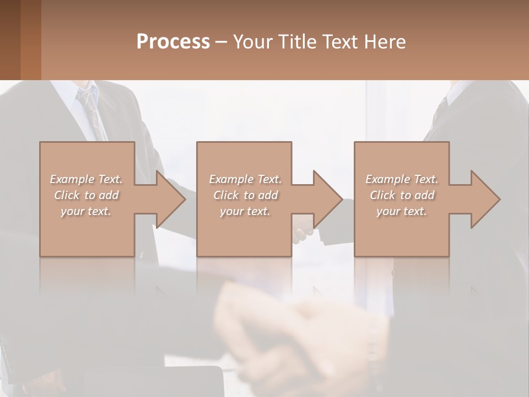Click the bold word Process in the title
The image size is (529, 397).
point(173,41)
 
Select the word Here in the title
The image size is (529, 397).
point(385,41)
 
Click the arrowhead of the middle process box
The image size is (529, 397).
point(327,199)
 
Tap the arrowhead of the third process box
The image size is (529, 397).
point(485,199)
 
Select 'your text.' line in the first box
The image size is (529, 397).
point(86,211)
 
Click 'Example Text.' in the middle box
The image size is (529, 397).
point(245,179)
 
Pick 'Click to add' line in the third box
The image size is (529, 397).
point(402,195)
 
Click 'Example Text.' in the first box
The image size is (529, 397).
point(86,179)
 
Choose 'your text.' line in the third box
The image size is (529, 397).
point(402,211)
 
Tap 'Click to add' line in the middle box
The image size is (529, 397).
point(245,195)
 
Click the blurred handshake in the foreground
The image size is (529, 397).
point(298,336)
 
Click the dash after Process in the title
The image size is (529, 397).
point(221,42)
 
